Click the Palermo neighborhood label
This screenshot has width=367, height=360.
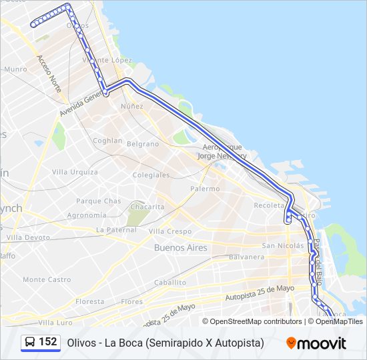tap(205, 189)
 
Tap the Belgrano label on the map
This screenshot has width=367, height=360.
tap(143, 144)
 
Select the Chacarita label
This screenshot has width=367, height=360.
tap(146, 207)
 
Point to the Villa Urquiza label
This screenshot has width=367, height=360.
tap(75, 172)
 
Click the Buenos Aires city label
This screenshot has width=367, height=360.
tap(180, 247)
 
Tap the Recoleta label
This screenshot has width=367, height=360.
tap(269, 205)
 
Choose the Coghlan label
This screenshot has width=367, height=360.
tap(107, 141)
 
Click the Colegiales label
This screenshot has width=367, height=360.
tap(151, 175)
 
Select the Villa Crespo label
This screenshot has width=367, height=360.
tap(169, 231)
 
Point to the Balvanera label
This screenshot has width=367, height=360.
tap(247, 257)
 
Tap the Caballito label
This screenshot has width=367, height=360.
tap(170, 282)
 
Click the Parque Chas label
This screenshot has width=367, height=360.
tap(99, 201)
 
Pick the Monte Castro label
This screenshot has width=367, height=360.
tap(47, 279)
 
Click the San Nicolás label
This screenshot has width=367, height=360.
tap(283, 245)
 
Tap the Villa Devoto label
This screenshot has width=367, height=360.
tap(28, 237)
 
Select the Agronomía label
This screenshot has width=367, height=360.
tap(87, 215)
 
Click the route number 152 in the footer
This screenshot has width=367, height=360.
tap(48, 341)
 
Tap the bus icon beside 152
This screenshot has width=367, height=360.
tap(30, 342)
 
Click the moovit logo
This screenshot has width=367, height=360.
tap(316, 343)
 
